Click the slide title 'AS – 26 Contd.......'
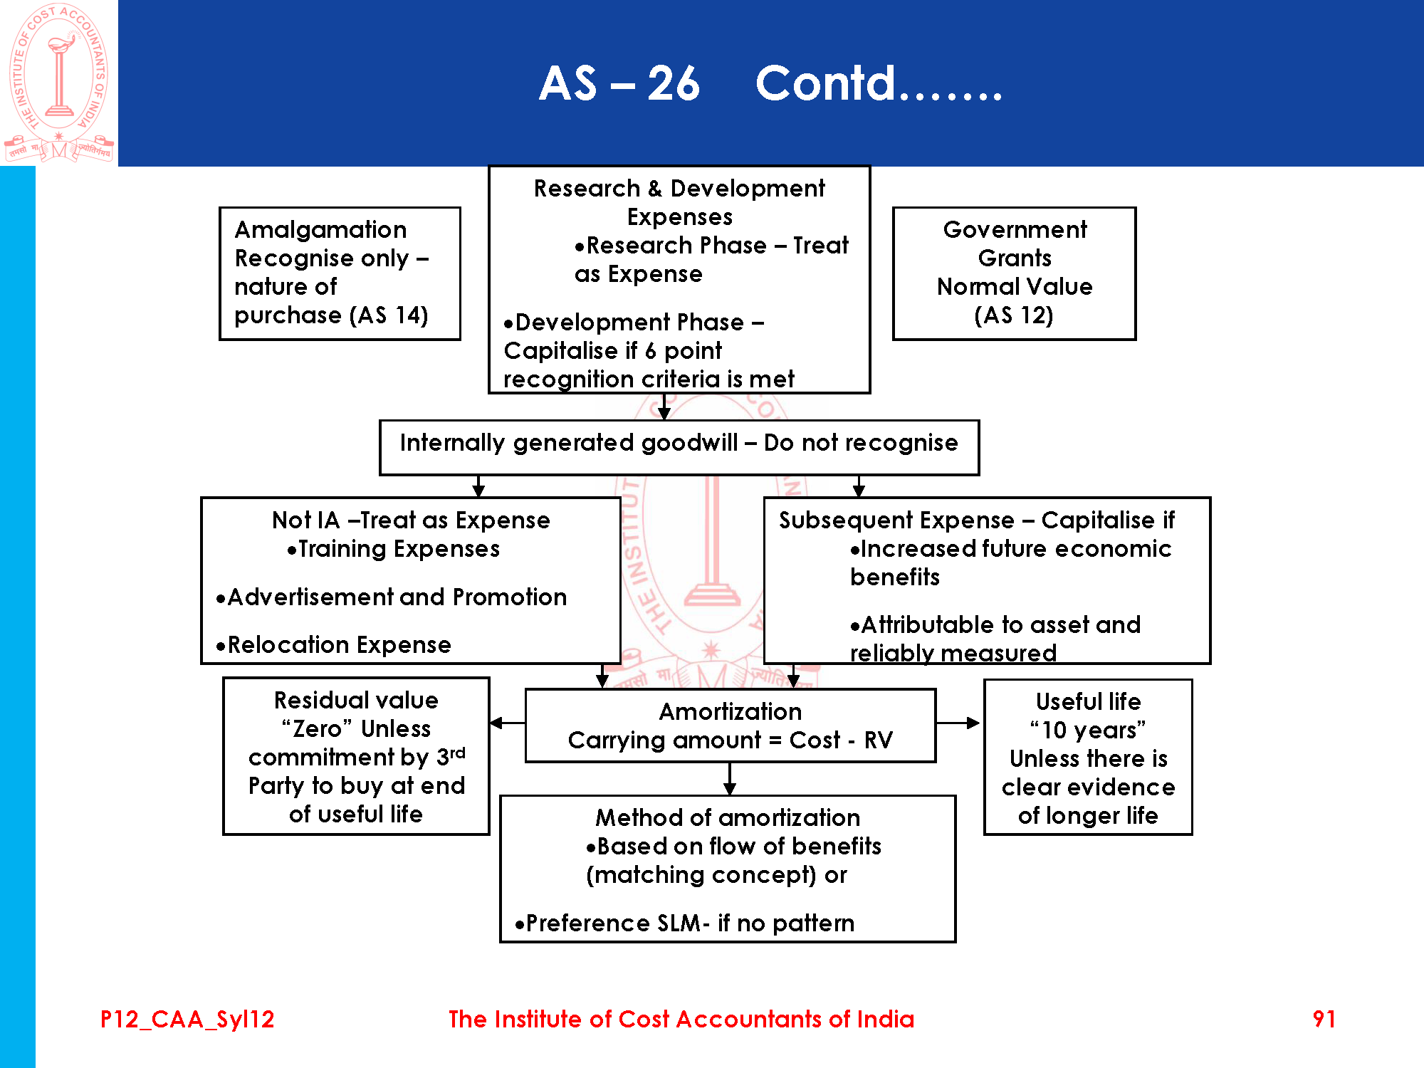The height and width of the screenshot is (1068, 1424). (x=770, y=83)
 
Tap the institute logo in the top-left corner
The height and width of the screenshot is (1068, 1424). (x=59, y=83)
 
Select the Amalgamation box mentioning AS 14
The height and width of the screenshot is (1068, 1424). (x=340, y=273)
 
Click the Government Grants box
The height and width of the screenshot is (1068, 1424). (x=1014, y=273)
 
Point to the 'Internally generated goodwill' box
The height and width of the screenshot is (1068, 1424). (x=679, y=446)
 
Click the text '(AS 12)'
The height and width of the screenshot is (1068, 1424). (x=1014, y=315)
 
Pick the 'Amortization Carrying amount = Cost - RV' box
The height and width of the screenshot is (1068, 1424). (x=730, y=726)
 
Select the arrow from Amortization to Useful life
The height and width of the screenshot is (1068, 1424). (x=958, y=723)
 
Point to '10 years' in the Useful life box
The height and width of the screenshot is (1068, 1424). (x=1087, y=731)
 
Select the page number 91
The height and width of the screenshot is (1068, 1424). (x=1324, y=1019)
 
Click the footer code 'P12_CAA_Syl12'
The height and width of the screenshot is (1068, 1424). (x=187, y=1019)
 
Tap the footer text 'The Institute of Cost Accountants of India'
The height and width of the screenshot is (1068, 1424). (x=681, y=1019)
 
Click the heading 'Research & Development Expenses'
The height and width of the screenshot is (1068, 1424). (x=679, y=202)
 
